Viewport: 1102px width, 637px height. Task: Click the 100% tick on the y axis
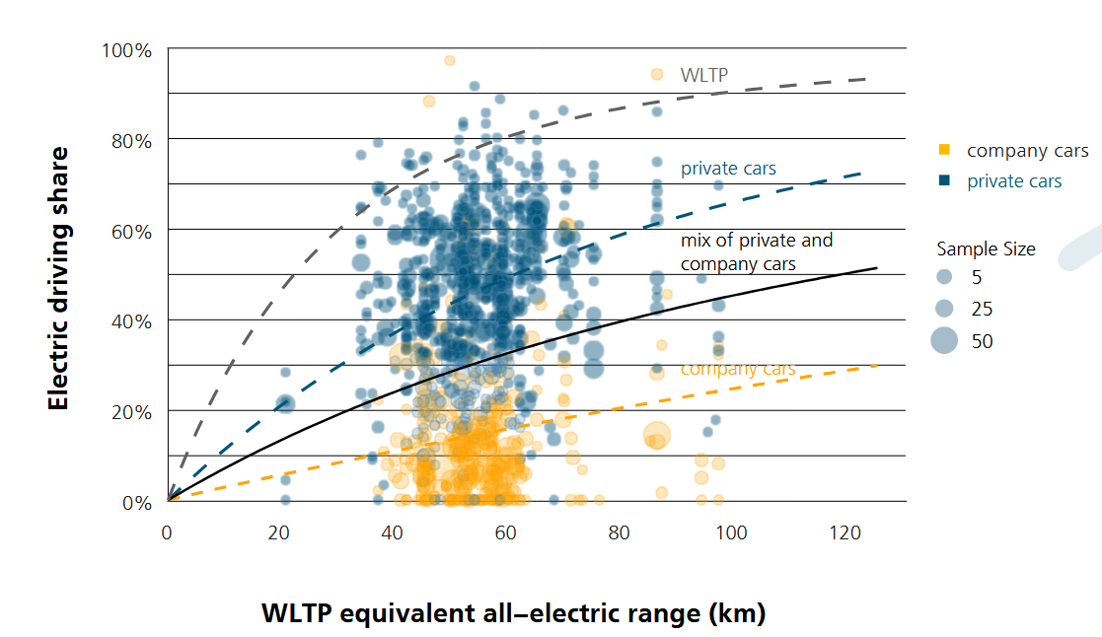[x=126, y=49]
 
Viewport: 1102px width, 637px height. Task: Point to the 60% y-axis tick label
[x=131, y=231]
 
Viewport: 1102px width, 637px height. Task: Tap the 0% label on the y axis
[x=136, y=503]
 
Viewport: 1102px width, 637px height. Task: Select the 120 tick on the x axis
[x=845, y=533]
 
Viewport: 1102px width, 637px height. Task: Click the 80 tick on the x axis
[x=619, y=533]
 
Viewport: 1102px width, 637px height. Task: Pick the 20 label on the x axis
[x=280, y=533]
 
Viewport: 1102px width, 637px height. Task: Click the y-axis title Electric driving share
[x=58, y=278]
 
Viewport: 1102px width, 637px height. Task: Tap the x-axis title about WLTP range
[x=513, y=612]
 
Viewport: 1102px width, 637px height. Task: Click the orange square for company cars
[x=944, y=150]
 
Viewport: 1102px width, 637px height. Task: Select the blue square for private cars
[x=944, y=181]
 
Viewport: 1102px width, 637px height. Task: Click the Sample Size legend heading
[x=986, y=249]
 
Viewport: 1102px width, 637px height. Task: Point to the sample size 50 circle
[x=944, y=341]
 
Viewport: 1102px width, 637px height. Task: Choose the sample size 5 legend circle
[x=944, y=277]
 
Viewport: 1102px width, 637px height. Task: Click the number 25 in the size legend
[x=982, y=310]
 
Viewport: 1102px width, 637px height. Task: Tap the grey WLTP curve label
[x=704, y=75]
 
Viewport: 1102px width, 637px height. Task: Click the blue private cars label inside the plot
[x=728, y=169]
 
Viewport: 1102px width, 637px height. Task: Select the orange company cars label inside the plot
[x=738, y=369]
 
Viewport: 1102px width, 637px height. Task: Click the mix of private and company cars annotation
[x=756, y=251]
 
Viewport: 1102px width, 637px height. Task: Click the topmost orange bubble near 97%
[x=450, y=60]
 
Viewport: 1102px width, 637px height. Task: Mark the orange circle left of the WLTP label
[x=657, y=74]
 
